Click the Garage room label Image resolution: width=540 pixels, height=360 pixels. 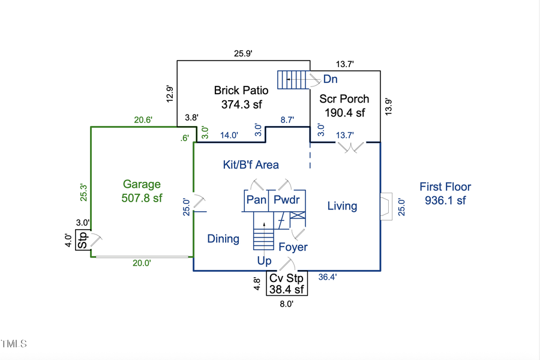pos(142,184)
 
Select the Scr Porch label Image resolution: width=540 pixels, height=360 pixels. pos(344,98)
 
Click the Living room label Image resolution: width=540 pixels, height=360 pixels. pos(342,206)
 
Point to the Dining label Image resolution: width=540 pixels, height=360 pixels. pos(223,239)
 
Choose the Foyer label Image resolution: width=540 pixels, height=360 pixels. pos(293,247)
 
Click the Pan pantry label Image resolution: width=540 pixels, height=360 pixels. pos(256,200)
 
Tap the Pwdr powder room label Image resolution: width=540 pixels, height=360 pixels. pos(286,200)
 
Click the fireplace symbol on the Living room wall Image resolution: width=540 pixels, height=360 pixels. pos(386,206)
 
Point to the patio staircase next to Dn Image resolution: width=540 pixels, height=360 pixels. pos(292,79)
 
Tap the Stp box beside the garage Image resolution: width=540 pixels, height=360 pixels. pos(83,239)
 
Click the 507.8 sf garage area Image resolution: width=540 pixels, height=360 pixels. pos(142,198)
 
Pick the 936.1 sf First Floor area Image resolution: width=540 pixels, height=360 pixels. pos(445,201)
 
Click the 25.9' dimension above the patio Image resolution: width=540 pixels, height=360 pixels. pos(243,53)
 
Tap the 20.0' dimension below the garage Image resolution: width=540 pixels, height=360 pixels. pos(142,263)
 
